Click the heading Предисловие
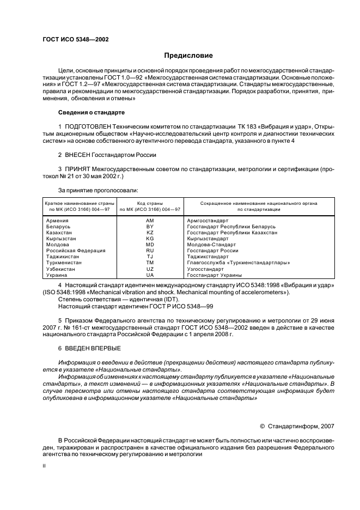[x=189, y=56]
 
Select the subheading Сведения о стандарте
[x=91, y=112]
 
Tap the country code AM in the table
[x=150, y=220]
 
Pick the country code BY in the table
[x=150, y=226]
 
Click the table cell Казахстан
[x=60, y=232]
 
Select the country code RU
[x=150, y=250]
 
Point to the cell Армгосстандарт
[x=208, y=220]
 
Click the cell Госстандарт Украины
[x=214, y=275]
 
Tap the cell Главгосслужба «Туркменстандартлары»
[x=238, y=263]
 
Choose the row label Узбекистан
[x=62, y=269]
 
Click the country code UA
[x=150, y=275]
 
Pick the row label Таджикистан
[x=63, y=257]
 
